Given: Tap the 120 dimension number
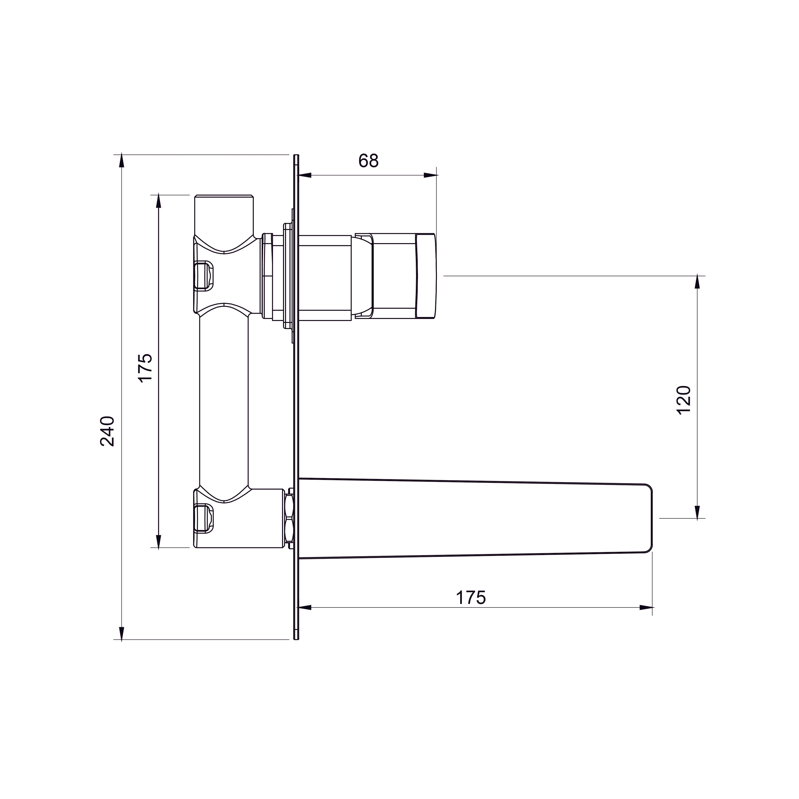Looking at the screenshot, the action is click(684, 400).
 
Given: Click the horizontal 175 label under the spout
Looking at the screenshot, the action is click(471, 598).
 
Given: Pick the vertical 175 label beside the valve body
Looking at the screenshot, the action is click(146, 368).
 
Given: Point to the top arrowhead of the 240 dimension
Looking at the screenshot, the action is click(121, 161).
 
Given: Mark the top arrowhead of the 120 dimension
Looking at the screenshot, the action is click(698, 282).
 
